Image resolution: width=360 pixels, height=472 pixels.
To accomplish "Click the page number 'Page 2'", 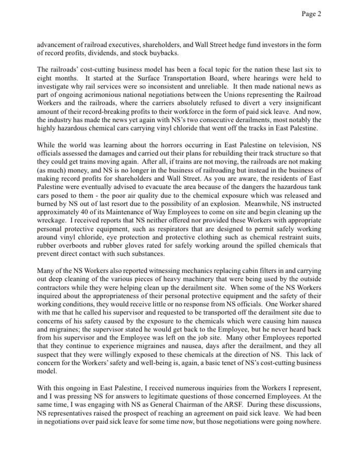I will pos(311,14).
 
